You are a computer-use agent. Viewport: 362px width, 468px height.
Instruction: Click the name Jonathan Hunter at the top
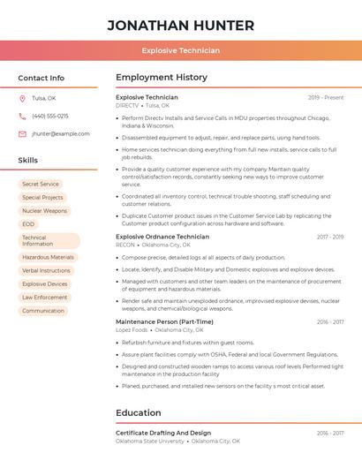pyautogui.click(x=180, y=25)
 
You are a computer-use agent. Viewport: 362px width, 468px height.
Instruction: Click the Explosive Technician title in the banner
pyautogui.click(x=180, y=50)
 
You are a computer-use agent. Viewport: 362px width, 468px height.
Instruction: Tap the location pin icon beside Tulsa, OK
pyautogui.click(x=22, y=98)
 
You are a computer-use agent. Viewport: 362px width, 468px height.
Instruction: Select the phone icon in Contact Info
pyautogui.click(x=22, y=116)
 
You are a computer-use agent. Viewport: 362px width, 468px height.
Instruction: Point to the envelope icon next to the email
pyautogui.click(x=22, y=133)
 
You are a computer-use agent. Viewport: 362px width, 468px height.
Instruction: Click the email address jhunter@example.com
pyautogui.click(x=60, y=133)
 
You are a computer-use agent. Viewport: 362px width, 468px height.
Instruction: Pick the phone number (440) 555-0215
pyautogui.click(x=49, y=116)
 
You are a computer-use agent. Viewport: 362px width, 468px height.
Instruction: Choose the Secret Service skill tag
pyautogui.click(x=41, y=184)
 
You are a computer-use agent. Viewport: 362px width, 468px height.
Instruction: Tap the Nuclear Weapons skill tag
pyautogui.click(x=44, y=211)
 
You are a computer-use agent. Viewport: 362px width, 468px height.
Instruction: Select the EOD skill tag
pyautogui.click(x=28, y=224)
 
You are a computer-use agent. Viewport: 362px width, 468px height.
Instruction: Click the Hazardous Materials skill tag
pyautogui.click(x=48, y=257)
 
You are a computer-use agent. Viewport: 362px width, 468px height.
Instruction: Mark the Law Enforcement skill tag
pyautogui.click(x=45, y=298)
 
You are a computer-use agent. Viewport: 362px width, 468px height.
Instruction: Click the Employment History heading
pyautogui.click(x=162, y=78)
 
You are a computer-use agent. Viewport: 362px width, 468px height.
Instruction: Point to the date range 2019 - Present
pyautogui.click(x=326, y=97)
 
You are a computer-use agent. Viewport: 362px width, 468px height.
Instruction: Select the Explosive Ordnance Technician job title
pyautogui.click(x=162, y=237)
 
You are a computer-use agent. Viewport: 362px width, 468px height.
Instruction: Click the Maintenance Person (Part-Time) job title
pyautogui.click(x=164, y=321)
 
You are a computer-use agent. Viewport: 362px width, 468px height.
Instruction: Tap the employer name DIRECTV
pyautogui.click(x=126, y=104)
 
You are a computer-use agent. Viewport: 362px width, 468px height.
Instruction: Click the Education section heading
pyautogui.click(x=139, y=412)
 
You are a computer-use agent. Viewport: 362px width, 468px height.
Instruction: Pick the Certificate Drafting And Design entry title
pyautogui.click(x=163, y=433)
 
